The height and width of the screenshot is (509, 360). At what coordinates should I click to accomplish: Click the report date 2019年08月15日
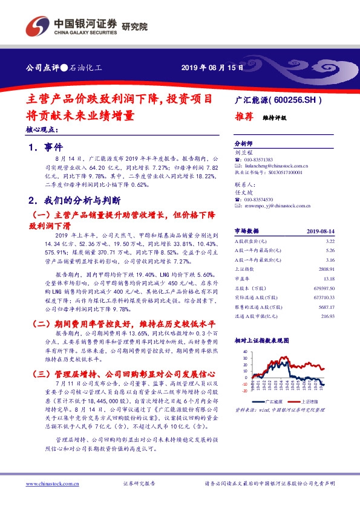[212, 68]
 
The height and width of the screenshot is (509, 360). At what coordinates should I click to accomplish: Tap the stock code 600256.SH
[294, 101]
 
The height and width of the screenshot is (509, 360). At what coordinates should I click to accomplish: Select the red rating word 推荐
[243, 118]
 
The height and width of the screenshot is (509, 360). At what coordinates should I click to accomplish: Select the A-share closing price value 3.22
[329, 241]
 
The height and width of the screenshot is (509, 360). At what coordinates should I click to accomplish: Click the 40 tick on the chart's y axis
[245, 351]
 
